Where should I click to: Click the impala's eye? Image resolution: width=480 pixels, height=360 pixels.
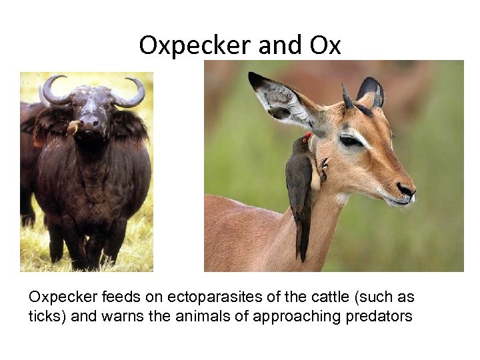click(351, 141)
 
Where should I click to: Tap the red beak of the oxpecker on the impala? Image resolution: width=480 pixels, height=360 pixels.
click(307, 137)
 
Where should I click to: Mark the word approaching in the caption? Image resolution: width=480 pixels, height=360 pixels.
click(292, 315)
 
